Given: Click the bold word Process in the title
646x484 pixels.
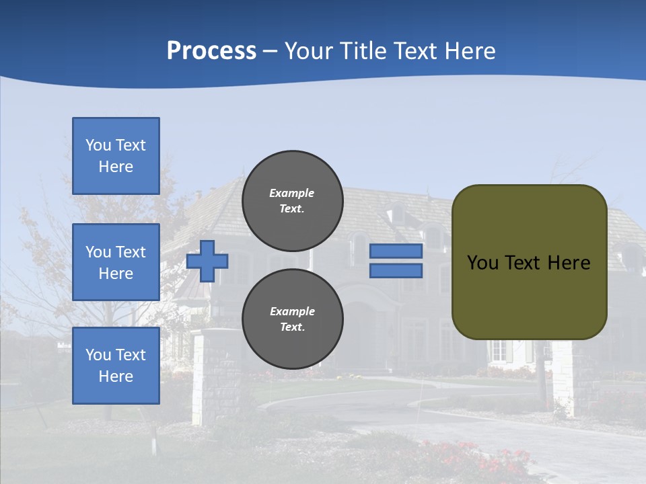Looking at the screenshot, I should pyautogui.click(x=211, y=51).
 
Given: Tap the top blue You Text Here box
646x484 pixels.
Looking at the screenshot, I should pyautogui.click(x=116, y=156).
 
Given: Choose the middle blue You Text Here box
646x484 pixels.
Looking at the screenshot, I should pyautogui.click(x=116, y=262).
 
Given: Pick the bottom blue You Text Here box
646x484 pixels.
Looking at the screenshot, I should pyautogui.click(x=116, y=365).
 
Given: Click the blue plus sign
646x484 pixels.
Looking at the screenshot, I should pyautogui.click(x=207, y=261).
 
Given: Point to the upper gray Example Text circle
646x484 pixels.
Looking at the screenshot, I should pyautogui.click(x=292, y=201).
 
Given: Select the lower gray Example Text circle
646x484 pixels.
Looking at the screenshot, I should pyautogui.click(x=292, y=319).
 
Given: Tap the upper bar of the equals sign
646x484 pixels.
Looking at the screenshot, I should pyautogui.click(x=396, y=251).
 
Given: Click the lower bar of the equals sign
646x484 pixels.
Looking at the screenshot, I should pyautogui.click(x=396, y=271).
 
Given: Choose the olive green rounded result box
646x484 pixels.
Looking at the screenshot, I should pyautogui.click(x=529, y=296).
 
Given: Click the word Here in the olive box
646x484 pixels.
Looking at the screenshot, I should pyautogui.click(x=569, y=263).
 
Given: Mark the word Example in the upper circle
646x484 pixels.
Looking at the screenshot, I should pyautogui.click(x=292, y=193).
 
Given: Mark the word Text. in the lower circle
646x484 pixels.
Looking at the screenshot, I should pyautogui.click(x=292, y=327).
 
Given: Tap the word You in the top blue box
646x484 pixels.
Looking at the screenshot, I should pyautogui.click(x=98, y=145).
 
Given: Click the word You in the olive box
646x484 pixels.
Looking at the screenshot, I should pyautogui.click(x=482, y=263).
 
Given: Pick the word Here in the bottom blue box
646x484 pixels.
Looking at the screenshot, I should pyautogui.click(x=116, y=376).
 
